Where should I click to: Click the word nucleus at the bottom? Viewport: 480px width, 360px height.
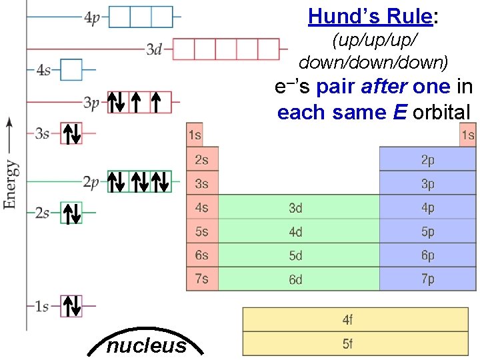[x=147, y=345]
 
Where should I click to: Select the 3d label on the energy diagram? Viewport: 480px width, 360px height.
[x=154, y=49]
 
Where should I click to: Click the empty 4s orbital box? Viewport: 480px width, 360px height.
[x=71, y=70]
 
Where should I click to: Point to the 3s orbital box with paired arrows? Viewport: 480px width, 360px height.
[x=71, y=133]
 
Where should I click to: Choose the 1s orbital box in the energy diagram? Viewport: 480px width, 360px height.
[x=71, y=307]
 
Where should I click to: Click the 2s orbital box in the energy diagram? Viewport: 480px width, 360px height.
[x=71, y=213]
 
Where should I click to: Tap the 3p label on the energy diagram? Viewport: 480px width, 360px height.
[x=92, y=102]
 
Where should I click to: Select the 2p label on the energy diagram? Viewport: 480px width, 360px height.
[x=92, y=181]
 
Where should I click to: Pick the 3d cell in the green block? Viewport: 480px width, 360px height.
[x=295, y=208]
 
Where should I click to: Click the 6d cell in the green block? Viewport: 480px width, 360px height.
[x=295, y=279]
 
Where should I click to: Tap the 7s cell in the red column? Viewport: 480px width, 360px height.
[x=202, y=279]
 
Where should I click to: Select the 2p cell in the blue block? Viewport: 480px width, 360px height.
[x=427, y=160]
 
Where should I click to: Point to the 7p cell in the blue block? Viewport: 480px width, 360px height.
[x=427, y=279]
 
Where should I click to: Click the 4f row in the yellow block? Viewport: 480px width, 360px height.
[x=348, y=320]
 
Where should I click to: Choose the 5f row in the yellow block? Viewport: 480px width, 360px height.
[x=348, y=344]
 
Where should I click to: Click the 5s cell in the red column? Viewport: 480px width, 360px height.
[x=202, y=231]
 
